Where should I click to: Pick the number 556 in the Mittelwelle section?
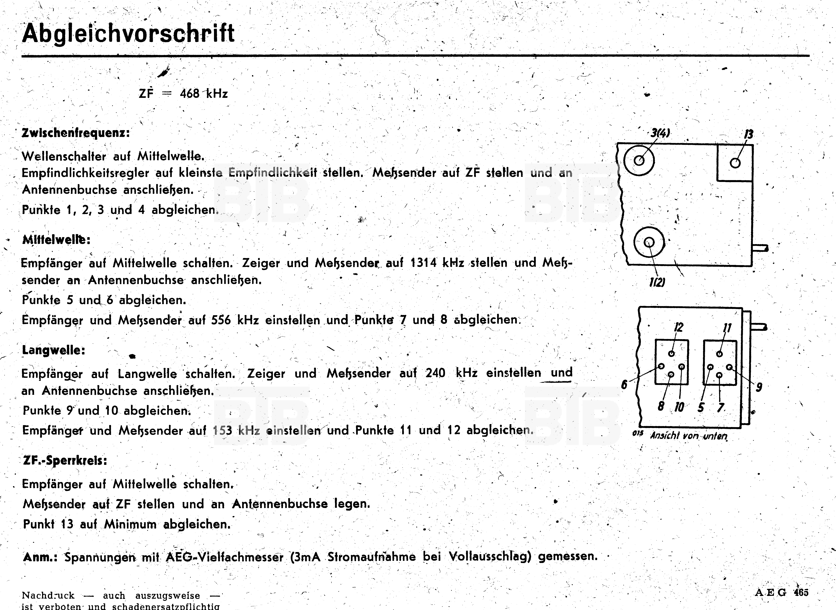(221, 320)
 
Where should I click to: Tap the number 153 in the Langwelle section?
(222, 431)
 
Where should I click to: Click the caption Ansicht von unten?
(689, 436)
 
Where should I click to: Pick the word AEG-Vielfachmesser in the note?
(225, 557)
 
